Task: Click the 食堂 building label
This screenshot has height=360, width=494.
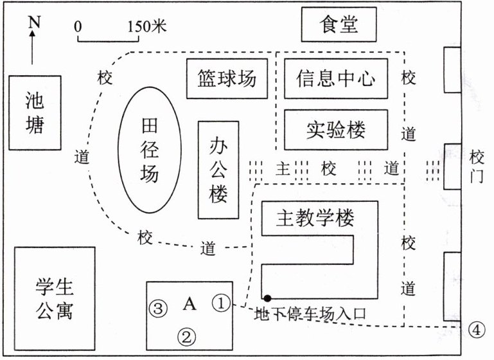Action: click(339, 24)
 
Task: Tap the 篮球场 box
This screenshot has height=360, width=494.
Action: click(226, 78)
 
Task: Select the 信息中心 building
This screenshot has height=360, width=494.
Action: click(335, 78)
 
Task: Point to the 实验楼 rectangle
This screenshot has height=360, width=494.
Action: click(335, 130)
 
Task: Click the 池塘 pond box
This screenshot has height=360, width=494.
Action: click(35, 113)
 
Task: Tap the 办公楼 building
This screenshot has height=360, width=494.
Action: click(218, 170)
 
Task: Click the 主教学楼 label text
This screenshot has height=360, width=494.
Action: click(315, 219)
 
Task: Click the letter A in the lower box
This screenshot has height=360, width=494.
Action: click(190, 303)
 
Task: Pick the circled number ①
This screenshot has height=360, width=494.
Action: click(220, 302)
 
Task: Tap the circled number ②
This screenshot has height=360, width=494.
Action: click(186, 335)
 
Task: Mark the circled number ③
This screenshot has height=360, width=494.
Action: click(158, 308)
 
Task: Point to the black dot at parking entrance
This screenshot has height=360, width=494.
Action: click(267, 297)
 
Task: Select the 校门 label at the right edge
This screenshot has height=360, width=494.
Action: click(477, 166)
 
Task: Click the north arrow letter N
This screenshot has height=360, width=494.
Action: click(34, 22)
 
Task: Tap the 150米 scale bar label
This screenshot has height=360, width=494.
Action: click(147, 27)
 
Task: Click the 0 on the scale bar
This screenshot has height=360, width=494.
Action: click(78, 27)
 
